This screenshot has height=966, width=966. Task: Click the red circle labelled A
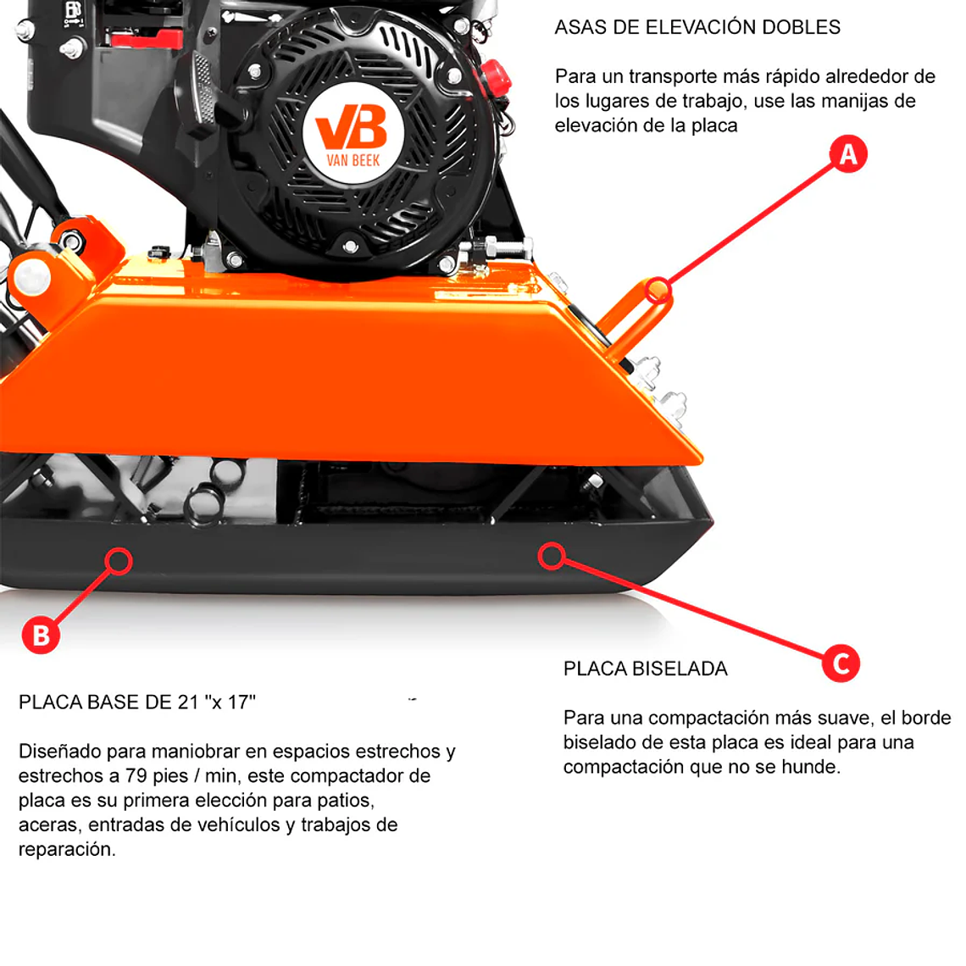point(848,154)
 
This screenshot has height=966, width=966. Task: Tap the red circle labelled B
point(41,635)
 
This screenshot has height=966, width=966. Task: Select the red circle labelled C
point(841,663)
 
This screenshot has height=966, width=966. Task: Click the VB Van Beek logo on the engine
point(353,134)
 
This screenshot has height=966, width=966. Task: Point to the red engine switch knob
point(496,78)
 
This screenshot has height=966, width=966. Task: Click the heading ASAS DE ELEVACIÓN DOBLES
point(697,27)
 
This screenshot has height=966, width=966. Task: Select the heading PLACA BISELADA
point(645,669)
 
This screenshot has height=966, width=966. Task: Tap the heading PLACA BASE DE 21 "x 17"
point(136,702)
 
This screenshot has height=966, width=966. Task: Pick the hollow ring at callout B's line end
point(119,561)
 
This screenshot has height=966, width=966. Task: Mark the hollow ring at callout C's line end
point(552,556)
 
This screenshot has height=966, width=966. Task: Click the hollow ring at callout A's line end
point(658,290)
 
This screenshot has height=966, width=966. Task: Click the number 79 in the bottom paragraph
point(136,775)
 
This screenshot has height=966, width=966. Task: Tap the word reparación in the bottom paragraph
point(67,850)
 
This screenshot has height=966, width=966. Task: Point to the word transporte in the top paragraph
point(674,77)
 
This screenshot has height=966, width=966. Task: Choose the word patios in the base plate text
point(345,800)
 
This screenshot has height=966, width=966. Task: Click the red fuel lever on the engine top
point(146,39)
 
